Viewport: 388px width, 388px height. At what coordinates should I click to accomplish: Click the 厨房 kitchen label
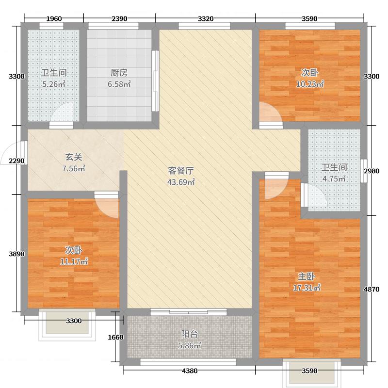tap(119, 73)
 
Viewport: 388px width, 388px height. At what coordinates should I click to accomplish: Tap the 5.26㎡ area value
tap(53, 84)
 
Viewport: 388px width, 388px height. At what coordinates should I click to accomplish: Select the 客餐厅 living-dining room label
tap(181, 171)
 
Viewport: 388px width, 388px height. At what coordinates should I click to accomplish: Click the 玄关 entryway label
tap(73, 157)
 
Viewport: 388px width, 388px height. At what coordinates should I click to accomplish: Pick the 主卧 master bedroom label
tap(307, 276)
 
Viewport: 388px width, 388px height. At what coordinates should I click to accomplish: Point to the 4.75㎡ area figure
tap(334, 178)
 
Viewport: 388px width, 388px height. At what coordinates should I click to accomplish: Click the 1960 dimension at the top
tap(54, 19)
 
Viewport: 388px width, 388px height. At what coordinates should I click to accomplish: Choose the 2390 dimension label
tap(119, 19)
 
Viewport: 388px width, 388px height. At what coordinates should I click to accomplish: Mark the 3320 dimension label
tap(206, 19)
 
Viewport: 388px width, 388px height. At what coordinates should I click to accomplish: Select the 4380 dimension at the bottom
tap(190, 371)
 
